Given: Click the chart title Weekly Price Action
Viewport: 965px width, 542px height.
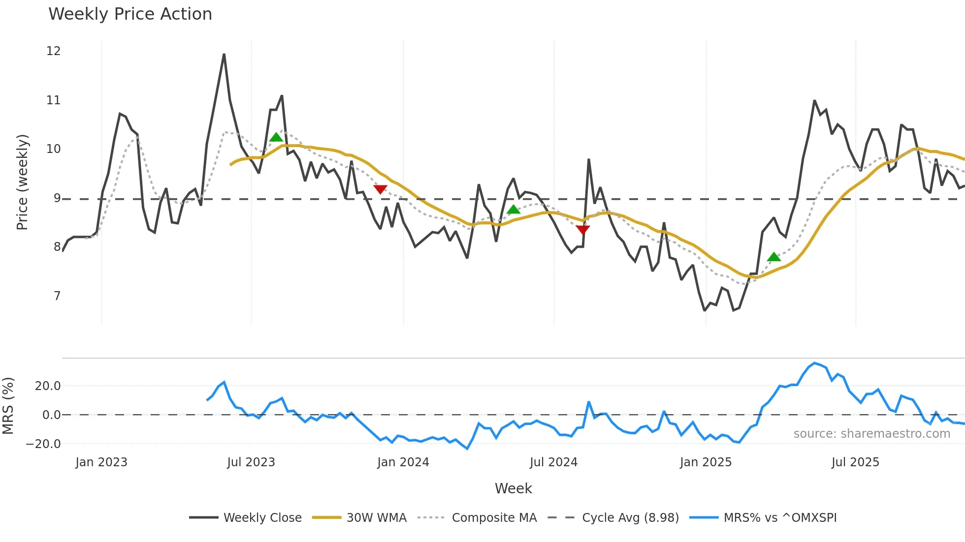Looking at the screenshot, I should click(x=130, y=14).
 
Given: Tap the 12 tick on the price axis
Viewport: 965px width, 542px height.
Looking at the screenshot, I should click(x=53, y=51).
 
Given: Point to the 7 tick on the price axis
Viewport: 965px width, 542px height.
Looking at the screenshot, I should click(x=57, y=296).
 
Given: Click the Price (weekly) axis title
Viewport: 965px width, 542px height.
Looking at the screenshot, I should click(x=22, y=182).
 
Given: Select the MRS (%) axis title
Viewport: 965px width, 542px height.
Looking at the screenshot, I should click(x=8, y=406).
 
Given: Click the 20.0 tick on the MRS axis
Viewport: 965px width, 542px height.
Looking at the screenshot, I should click(x=48, y=386).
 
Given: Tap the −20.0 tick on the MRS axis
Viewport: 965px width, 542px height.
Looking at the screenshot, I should click(x=43, y=444).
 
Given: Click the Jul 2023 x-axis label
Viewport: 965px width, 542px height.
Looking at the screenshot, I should click(x=251, y=462).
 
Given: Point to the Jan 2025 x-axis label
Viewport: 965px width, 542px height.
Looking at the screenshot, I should click(x=706, y=462).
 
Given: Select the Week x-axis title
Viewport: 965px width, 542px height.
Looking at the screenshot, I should click(x=513, y=488).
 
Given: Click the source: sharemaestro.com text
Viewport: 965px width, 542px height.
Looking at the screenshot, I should click(x=871, y=434).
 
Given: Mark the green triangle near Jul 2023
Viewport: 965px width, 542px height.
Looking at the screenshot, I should click(x=276, y=138).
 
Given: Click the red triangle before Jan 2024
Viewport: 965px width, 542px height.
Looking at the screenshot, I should click(x=380, y=189).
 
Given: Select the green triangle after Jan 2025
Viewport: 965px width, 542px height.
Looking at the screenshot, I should click(x=774, y=257).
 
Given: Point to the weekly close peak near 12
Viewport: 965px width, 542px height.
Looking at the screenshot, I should click(x=224, y=55).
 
